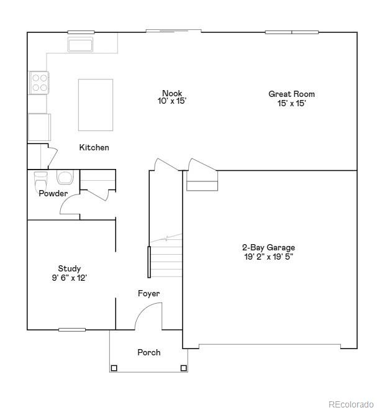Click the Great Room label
291,94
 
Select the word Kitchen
94,148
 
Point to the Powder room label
53,194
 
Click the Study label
69,269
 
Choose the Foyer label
148,293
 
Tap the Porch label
148,352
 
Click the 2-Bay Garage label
269,247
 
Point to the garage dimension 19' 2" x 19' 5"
269,256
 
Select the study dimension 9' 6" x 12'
69,278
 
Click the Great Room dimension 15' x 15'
291,103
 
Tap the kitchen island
96,104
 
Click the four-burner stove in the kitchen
39,83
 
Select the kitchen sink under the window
80,45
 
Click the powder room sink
65,178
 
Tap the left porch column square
114,368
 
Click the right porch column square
184,368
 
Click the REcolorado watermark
351,403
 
